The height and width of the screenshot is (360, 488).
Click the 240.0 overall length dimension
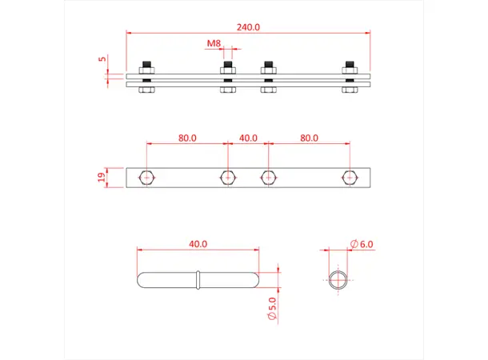pos(248,26)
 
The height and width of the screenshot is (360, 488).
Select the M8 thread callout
pos(213,42)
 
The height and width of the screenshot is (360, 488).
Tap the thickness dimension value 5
pos(102,59)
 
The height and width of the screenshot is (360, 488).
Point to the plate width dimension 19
pos(102,178)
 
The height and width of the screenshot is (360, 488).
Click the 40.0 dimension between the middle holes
pos(248,138)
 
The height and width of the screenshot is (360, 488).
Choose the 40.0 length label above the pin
pos(198,243)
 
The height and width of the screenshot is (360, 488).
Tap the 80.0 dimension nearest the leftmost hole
pos(187,138)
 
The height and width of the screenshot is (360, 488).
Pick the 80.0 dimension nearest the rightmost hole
pos(308,138)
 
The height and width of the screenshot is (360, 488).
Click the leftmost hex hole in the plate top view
pos(146,177)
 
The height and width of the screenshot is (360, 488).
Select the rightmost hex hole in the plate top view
pos(349,177)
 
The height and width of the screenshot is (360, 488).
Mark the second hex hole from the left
pos(227,177)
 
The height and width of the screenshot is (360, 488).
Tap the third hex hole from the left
pos(268,177)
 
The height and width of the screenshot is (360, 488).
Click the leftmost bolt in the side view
pos(146,78)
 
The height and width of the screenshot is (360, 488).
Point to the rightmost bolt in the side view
pos(349,78)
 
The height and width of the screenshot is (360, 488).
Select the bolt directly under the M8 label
pos(227,78)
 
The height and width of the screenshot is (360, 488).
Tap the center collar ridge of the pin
pos(198,280)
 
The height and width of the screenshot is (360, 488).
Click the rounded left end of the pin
pos(143,280)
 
